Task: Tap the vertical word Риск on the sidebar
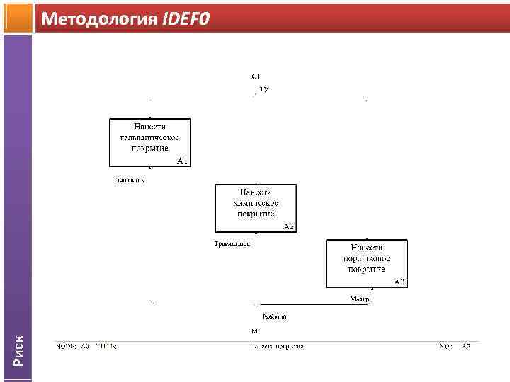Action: [x=18, y=349]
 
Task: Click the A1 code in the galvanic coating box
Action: [x=182, y=161]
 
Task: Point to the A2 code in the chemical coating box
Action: [x=288, y=226]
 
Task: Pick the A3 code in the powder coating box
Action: [x=399, y=282]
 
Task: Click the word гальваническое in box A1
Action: [x=149, y=137]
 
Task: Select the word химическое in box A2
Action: [x=256, y=202]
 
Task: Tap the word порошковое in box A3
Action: [x=366, y=258]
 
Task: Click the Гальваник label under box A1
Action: [x=129, y=180]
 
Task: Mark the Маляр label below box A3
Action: [x=360, y=299]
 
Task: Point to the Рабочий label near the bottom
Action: [x=274, y=316]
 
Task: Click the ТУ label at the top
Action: [x=264, y=90]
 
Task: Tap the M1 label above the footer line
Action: [x=256, y=331]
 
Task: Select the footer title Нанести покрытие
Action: [x=276, y=347]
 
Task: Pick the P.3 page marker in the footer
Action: [x=465, y=347]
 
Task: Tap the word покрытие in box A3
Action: [x=366, y=269]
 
